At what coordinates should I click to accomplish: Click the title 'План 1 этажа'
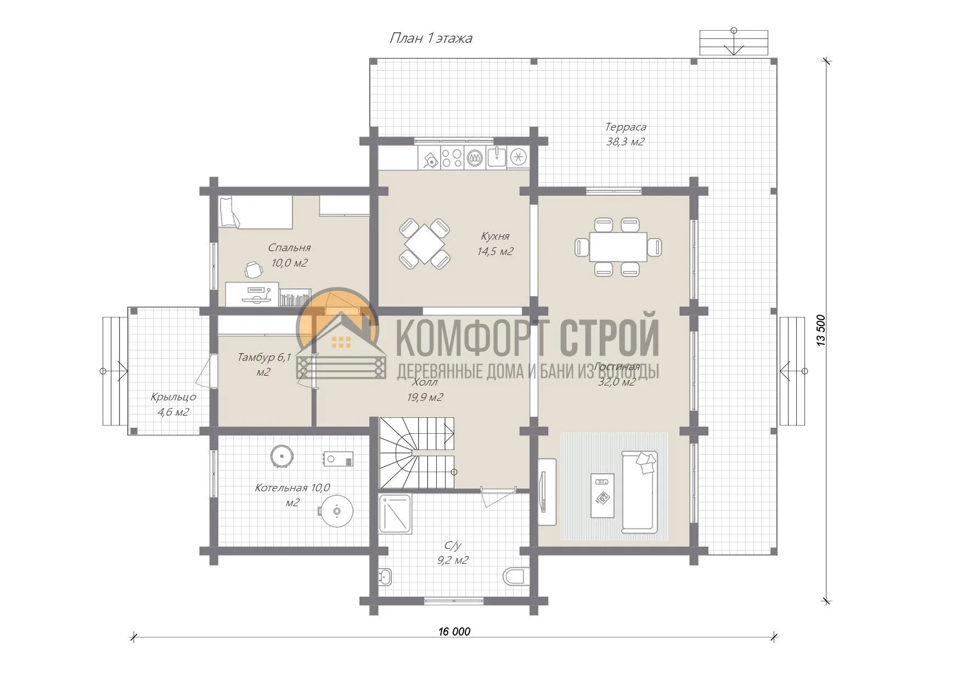pyautogui.click(x=431, y=38)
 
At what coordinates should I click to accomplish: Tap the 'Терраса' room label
pyautogui.click(x=626, y=127)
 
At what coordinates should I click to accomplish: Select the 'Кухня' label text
pyautogui.click(x=495, y=236)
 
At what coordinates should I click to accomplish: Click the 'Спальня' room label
pyautogui.click(x=289, y=248)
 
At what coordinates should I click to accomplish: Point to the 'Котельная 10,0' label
pyautogui.click(x=292, y=488)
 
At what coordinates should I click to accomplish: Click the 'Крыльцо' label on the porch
pyautogui.click(x=173, y=397)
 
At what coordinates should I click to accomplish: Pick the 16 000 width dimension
pyautogui.click(x=454, y=631)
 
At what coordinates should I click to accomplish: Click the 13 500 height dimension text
pyautogui.click(x=821, y=330)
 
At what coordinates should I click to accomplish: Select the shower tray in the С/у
pyautogui.click(x=395, y=514)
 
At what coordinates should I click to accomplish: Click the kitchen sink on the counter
pyautogui.click(x=497, y=157)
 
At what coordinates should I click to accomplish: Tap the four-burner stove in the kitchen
pyautogui.click(x=452, y=157)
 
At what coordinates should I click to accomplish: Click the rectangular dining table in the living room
pyautogui.click(x=618, y=247)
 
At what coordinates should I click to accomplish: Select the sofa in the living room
pyautogui.click(x=639, y=492)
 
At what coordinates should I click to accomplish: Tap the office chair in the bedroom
pyautogui.click(x=253, y=270)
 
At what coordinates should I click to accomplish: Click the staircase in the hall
pyautogui.click(x=417, y=453)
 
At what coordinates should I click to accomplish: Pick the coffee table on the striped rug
pyautogui.click(x=603, y=495)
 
